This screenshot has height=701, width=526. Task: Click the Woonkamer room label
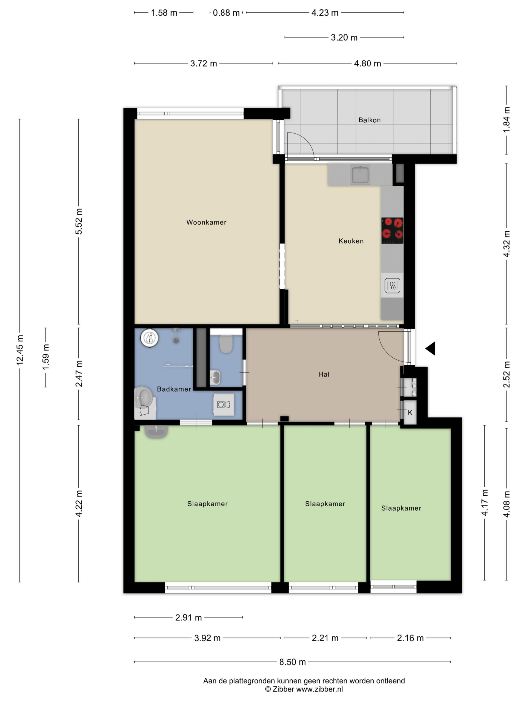point(206,222)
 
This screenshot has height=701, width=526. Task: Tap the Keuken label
point(351,241)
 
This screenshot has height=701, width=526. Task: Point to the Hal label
point(324,374)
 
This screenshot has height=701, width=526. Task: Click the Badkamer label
point(174,389)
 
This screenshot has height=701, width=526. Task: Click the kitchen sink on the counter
point(360,174)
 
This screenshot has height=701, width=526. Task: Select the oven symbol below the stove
point(392,286)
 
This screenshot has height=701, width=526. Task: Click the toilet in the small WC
point(226,344)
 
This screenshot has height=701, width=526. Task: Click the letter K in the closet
point(410,412)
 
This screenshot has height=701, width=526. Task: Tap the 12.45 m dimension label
point(20,350)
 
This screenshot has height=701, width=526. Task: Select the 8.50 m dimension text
point(292,662)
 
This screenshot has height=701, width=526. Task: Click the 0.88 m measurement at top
point(226,13)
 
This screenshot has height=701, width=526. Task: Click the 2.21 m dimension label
point(325,638)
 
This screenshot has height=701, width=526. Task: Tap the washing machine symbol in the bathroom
point(224,404)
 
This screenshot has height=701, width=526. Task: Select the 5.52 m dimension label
point(79,221)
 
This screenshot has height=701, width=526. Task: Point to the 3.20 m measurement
point(344,38)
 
